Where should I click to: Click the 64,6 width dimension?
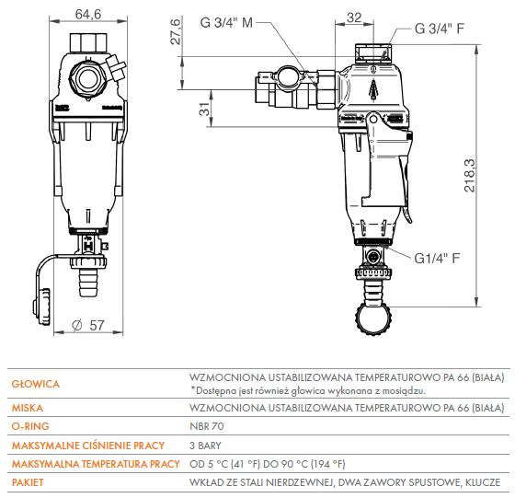88,14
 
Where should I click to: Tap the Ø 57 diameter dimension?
88,326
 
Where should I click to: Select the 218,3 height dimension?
469,175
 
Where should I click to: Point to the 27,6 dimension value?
176,31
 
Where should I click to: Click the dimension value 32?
354,17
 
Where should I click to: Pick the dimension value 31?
204,109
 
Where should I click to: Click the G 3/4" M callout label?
226,23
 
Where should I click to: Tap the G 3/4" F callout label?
440,29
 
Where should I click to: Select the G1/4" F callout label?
437,259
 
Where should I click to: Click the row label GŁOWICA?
36,384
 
